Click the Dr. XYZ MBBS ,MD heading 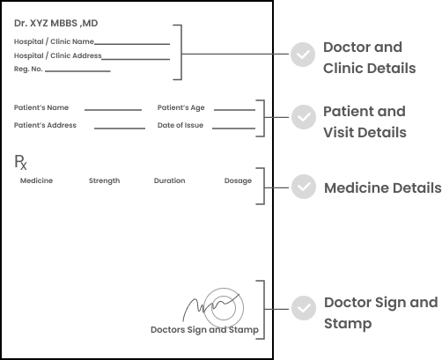coord(55,23)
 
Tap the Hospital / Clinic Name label coord(54,41)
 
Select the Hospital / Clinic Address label coord(58,55)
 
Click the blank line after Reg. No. coord(77,70)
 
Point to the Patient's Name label coord(41,107)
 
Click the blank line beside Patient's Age coord(234,110)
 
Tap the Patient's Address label coord(45,125)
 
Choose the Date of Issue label coord(180,125)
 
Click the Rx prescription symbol coord(20,162)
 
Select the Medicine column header coord(36,180)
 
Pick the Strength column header coord(105,180)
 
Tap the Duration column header coord(170,180)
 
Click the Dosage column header coord(238,180)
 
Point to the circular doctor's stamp coord(203,308)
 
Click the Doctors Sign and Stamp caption coord(204,330)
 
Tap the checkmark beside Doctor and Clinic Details coord(303,55)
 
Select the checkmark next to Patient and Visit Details coord(304,117)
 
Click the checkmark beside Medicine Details coord(304,187)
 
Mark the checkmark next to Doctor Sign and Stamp coord(304,308)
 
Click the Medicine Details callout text coord(383,187)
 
